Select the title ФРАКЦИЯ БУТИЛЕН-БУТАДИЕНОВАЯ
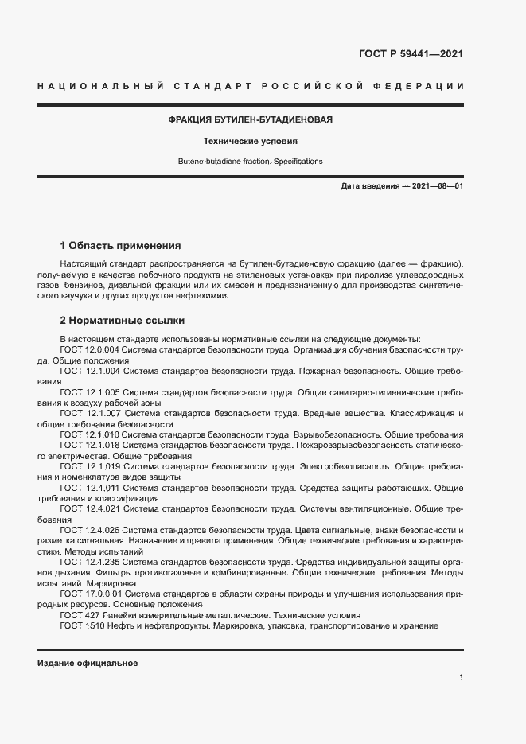(x=250, y=119)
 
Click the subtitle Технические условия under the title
(x=250, y=141)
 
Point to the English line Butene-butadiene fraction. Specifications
(x=250, y=162)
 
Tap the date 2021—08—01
(x=437, y=186)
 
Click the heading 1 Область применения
(x=121, y=245)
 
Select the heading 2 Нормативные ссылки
(x=123, y=321)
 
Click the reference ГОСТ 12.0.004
(x=90, y=349)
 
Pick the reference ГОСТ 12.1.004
(x=90, y=371)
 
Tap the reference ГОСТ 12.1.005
(x=90, y=392)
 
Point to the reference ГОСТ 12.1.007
(x=90, y=414)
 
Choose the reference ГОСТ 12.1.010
(x=90, y=435)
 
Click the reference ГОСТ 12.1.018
(x=90, y=446)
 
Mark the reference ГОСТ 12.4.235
(x=90, y=562)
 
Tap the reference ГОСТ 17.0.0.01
(x=92, y=594)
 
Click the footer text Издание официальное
(x=88, y=663)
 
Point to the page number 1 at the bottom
(x=461, y=677)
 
